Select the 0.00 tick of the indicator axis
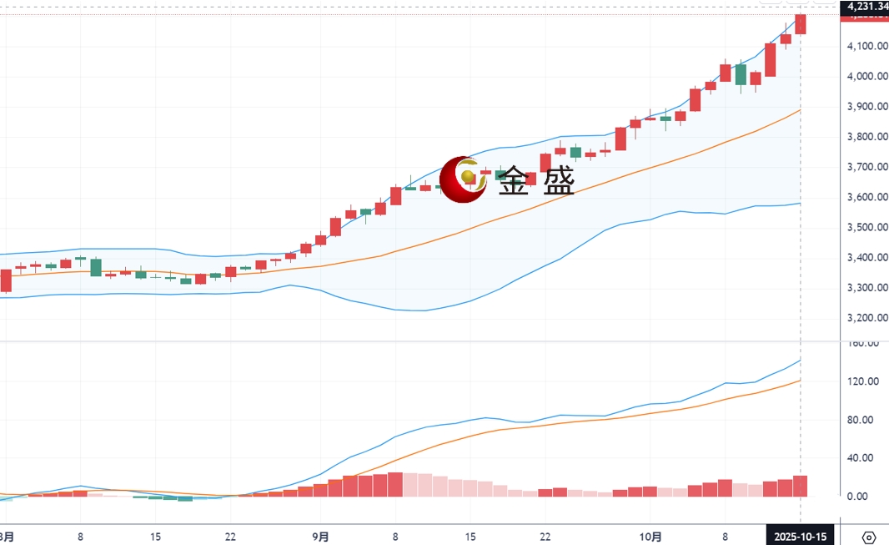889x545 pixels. tap(864, 497)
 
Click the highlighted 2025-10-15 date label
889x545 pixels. tap(801, 537)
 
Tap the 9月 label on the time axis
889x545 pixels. tap(321, 537)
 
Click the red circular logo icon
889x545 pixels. tap(463, 179)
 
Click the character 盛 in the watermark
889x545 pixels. tap(558, 182)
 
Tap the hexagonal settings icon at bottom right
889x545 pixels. tap(869, 537)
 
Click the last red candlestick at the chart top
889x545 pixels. tap(801, 24)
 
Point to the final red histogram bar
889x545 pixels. tap(801, 486)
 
